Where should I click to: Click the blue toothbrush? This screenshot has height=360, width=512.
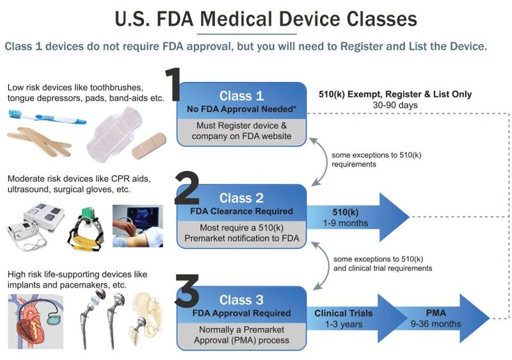(x=47, y=117)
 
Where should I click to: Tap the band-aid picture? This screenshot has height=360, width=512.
(x=149, y=145)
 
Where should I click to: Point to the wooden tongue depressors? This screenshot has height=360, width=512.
(x=39, y=141)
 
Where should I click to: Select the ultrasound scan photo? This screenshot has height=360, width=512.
(x=138, y=226)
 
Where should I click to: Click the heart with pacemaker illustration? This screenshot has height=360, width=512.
(x=36, y=322)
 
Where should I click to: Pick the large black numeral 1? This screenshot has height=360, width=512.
(x=173, y=84)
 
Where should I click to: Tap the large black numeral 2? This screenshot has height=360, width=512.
(x=187, y=188)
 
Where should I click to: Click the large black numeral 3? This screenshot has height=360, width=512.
(x=187, y=290)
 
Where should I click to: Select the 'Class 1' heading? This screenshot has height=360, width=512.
(x=241, y=95)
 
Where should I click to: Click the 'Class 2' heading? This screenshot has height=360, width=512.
(x=241, y=198)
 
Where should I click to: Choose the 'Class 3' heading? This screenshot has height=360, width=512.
(x=241, y=300)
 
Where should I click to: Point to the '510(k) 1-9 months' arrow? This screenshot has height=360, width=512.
(x=358, y=217)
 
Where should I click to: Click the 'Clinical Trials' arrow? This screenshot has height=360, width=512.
(x=356, y=318)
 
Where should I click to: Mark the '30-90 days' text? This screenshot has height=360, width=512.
(x=395, y=105)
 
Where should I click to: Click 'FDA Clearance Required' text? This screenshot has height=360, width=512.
(x=241, y=211)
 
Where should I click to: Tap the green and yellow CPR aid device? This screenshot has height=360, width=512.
(x=86, y=229)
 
